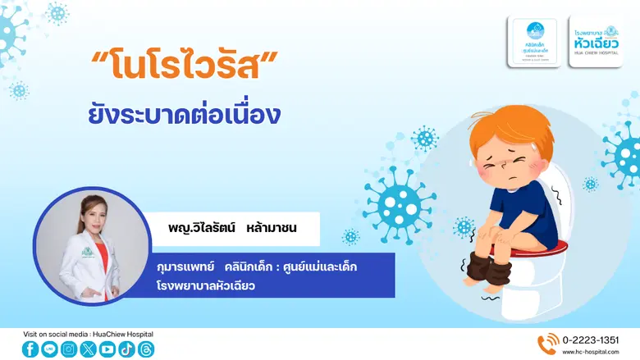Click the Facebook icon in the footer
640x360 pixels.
[x=30, y=349]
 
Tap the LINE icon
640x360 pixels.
[x=49, y=349]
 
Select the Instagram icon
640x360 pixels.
[x=69, y=349]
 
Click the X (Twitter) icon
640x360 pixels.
[x=89, y=349]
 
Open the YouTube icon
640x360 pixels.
[x=107, y=349]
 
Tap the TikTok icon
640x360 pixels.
[x=126, y=349]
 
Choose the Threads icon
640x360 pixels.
[x=145, y=349]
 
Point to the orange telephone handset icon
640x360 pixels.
[x=546, y=344]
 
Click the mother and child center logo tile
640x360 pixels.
[x=535, y=41]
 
